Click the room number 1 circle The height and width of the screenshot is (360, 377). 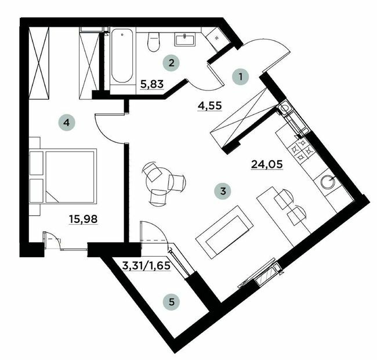(x=239, y=75)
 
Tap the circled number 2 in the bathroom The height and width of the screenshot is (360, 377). (x=170, y=61)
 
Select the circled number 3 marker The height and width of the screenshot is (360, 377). (x=221, y=190)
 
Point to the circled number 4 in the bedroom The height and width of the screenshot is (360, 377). (x=67, y=123)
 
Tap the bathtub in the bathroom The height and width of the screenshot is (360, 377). (x=122, y=59)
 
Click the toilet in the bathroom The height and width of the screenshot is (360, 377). (x=154, y=42)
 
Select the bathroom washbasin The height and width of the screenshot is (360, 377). (x=187, y=38)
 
